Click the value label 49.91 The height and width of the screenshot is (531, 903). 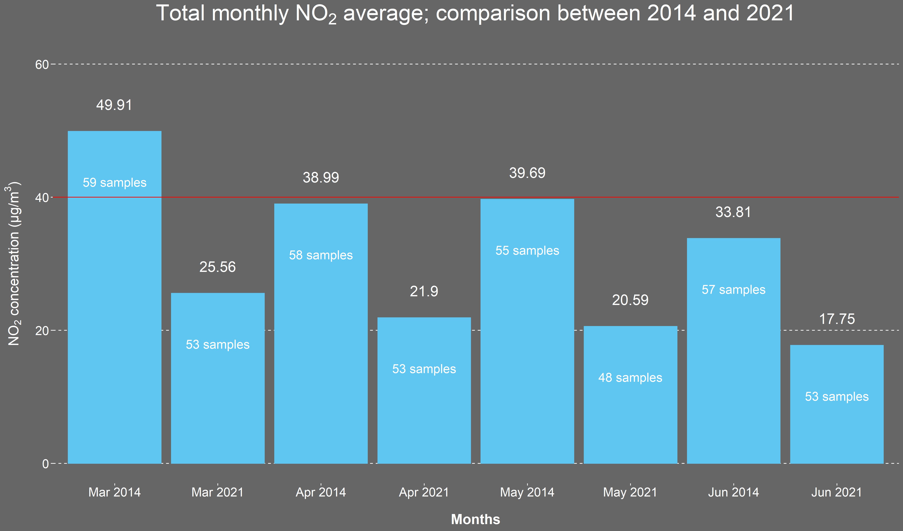click(114, 105)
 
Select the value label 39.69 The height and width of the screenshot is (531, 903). click(527, 173)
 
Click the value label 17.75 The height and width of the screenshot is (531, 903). click(837, 319)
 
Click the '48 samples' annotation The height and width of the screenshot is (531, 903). click(630, 378)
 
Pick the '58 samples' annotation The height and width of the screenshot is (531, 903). click(321, 255)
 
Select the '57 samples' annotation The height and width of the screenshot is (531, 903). click(734, 290)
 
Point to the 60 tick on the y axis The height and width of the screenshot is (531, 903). click(42, 65)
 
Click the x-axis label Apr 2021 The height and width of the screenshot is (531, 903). click(424, 492)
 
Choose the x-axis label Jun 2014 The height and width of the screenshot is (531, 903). click(734, 492)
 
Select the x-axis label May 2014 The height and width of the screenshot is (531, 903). click(527, 492)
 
